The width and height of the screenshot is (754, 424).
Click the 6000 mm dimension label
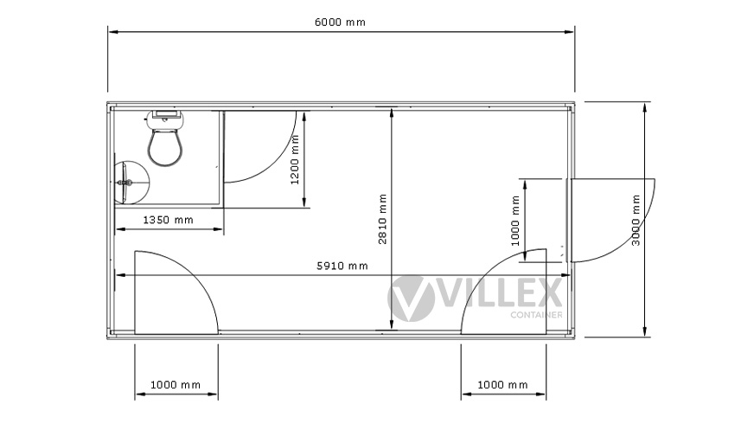tap(340, 22)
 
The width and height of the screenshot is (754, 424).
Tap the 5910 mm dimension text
tap(342, 266)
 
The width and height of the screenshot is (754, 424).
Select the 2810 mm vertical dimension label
tap(382, 219)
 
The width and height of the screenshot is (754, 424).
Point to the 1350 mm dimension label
tap(169, 220)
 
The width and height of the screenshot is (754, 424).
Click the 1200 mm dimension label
tap(295, 160)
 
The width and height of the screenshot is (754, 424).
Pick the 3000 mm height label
tap(636, 220)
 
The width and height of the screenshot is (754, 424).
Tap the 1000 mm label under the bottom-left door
tap(176, 384)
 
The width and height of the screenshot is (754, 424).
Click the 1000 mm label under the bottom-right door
tap(502, 384)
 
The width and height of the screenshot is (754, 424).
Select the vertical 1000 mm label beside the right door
tap(515, 221)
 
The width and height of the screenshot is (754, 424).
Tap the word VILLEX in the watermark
tap(501, 292)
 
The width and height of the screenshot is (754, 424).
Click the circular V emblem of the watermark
tap(412, 299)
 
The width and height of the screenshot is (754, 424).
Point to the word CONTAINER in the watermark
tap(536, 315)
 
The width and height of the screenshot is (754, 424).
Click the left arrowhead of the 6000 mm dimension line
tap(113, 32)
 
